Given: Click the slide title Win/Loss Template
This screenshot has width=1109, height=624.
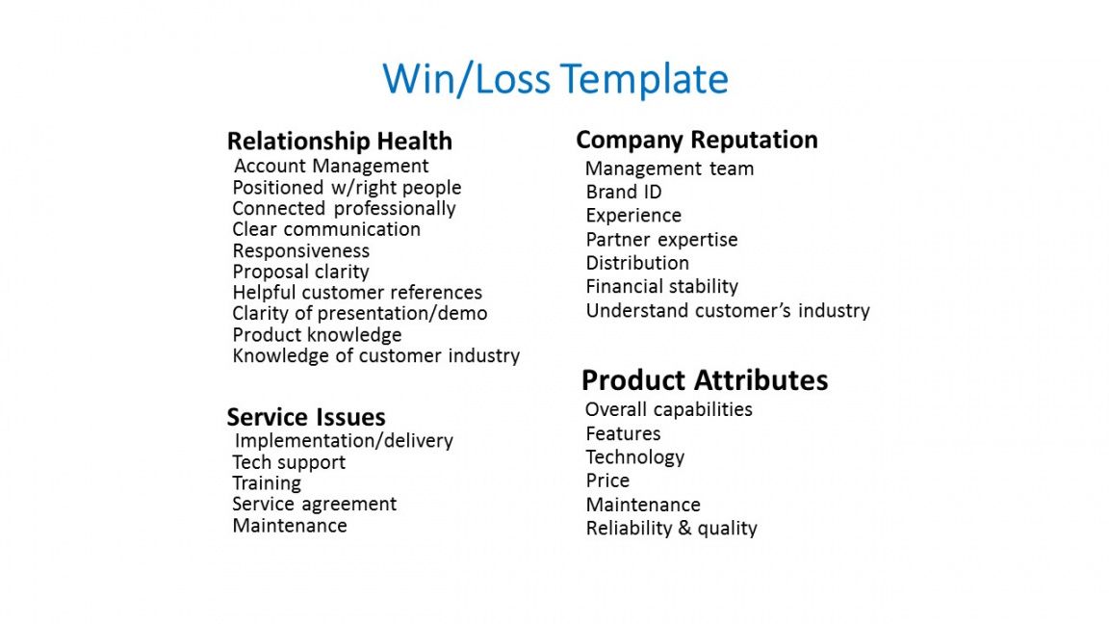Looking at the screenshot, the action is (x=555, y=79).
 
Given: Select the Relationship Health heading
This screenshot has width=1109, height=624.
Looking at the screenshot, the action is (x=340, y=141).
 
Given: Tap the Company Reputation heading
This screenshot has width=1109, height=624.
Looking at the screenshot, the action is (x=697, y=140).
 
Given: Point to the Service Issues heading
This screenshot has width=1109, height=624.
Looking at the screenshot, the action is (x=306, y=417).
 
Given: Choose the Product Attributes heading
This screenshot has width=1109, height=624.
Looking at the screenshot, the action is (x=705, y=380).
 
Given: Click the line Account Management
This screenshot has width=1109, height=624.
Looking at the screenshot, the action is (x=331, y=167).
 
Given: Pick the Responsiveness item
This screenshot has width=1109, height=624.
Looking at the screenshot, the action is (x=301, y=251).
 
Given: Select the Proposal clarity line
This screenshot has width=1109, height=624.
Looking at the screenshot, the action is (x=301, y=273).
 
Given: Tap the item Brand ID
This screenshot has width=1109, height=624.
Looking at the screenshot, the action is (x=624, y=192).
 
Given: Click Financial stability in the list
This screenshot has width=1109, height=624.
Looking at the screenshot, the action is (x=662, y=287).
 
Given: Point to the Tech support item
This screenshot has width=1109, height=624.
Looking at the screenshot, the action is (x=289, y=462).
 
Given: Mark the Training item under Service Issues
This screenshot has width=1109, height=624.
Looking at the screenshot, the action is (x=267, y=483).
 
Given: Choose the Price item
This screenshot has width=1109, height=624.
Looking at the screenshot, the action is (x=607, y=481).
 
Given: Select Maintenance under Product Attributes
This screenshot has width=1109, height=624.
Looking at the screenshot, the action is (x=643, y=505).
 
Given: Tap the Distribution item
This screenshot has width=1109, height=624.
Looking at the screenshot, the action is (x=637, y=263).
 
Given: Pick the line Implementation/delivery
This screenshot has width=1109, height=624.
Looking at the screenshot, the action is (x=344, y=441).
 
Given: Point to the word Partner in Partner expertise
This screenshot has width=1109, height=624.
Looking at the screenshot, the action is (x=618, y=240).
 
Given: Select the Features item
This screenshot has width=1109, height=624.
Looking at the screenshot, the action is (x=623, y=433).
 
